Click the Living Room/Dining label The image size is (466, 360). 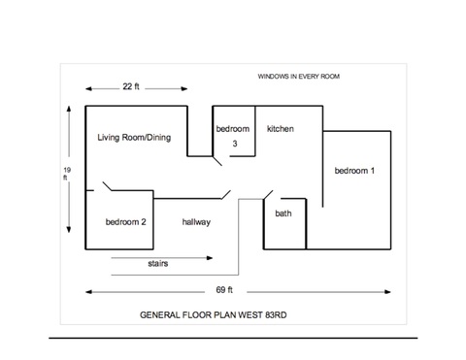point(134,138)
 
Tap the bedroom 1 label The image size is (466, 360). point(354,171)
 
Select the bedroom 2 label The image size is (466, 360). point(125,222)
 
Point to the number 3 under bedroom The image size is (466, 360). point(235,144)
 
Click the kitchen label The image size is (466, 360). point(281,129)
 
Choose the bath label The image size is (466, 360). point(283,213)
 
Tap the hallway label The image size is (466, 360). point(196,222)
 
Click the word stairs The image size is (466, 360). point(158,263)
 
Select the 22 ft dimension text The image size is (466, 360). point(131,86)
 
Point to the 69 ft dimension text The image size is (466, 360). point(224,290)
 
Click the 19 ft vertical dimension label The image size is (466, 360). point(67,174)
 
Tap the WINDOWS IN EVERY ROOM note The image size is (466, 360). point(298,77)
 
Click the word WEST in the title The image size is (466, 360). point(247,315)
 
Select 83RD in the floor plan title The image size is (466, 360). point(276,315)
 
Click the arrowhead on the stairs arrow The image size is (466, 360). point(210,258)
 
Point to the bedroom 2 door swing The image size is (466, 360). point(108,186)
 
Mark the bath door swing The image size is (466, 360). point(268,195)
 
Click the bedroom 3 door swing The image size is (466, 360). point(217,161)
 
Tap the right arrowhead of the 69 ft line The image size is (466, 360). point(387,292)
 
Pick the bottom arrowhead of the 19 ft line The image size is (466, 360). point(69,230)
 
